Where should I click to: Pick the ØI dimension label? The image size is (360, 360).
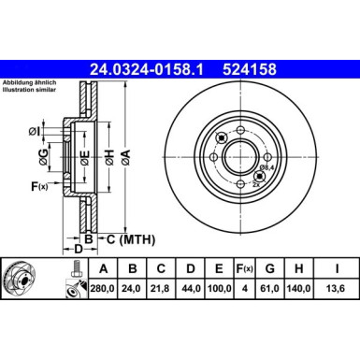coord(35,129)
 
